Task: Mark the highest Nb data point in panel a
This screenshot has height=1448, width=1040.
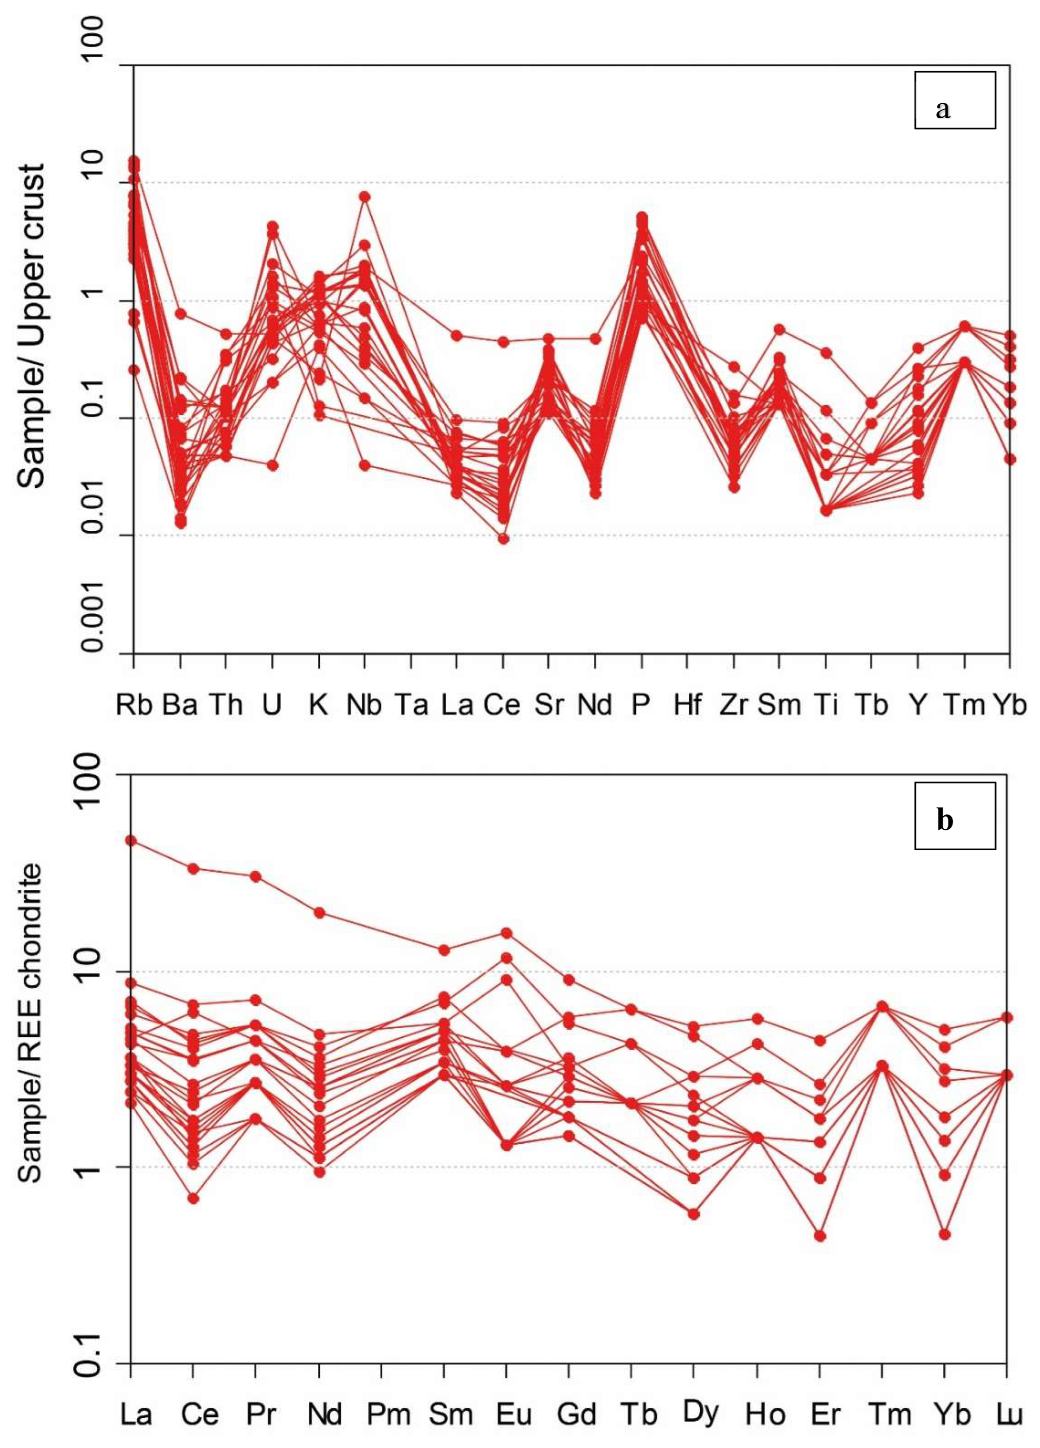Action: pos(365,196)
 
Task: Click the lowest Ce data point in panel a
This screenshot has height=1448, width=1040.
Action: pos(503,539)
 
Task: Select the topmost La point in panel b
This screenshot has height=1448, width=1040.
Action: pos(131,840)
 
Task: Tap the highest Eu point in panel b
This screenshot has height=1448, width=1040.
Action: pos(506,933)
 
